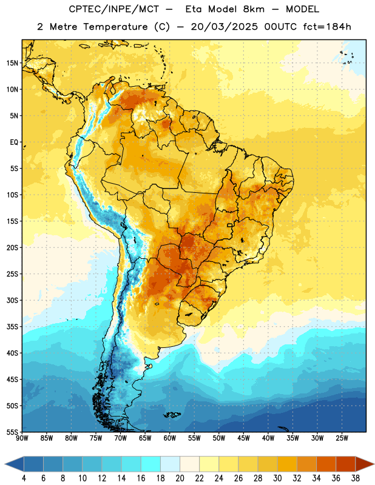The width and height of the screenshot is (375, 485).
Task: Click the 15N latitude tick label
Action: [x=12, y=63]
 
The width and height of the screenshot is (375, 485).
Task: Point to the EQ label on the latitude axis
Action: [x=14, y=142]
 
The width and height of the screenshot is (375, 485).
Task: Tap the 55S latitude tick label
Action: [x=12, y=432]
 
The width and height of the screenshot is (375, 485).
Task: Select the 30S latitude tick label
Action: [x=12, y=300]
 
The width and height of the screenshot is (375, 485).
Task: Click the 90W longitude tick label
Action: [x=22, y=438]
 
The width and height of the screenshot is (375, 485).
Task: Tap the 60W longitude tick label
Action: [x=170, y=438]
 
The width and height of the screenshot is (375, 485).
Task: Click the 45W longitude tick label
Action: [x=243, y=438]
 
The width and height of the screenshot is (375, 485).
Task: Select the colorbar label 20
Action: [x=180, y=478]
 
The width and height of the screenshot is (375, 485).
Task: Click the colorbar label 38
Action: [x=356, y=478]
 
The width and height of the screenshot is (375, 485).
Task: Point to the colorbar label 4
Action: [x=24, y=478]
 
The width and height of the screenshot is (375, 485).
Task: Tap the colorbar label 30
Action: [x=277, y=478]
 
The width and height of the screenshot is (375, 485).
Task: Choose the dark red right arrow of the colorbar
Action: [x=364, y=464]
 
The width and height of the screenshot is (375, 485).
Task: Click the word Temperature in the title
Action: [x=115, y=27]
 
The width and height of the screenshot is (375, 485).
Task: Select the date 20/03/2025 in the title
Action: [x=224, y=27]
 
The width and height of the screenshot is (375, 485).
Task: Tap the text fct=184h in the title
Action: [x=327, y=27]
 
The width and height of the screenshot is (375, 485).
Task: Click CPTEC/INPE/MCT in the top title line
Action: [x=114, y=9]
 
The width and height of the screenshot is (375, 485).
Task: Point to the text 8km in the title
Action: [x=254, y=9]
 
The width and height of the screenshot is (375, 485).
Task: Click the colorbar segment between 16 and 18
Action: [x=150, y=464]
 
